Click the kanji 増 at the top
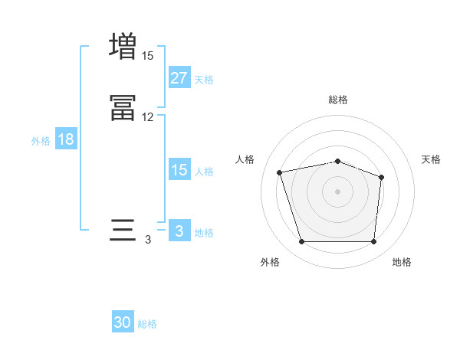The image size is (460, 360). pyautogui.click(x=123, y=45)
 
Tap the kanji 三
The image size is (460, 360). pyautogui.click(x=123, y=231)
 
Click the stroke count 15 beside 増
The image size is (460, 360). pyautogui.click(x=147, y=55)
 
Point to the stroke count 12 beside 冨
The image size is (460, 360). pyautogui.click(x=147, y=117)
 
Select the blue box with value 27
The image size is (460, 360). pyautogui.click(x=179, y=77)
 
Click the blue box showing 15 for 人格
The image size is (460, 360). pyautogui.click(x=179, y=170)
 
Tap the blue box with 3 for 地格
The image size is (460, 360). pyautogui.click(x=179, y=231)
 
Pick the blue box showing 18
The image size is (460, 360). pyautogui.click(x=65, y=139)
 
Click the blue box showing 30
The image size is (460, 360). pyautogui.click(x=123, y=322)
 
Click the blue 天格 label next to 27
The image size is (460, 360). pyautogui.click(x=204, y=79)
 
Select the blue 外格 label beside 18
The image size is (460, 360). pyautogui.click(x=41, y=141)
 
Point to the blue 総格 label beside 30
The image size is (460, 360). pyautogui.click(x=147, y=324)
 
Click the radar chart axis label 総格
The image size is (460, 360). pyautogui.click(x=338, y=100)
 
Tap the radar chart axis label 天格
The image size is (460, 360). pyautogui.click(x=432, y=159)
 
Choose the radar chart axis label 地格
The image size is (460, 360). pyautogui.click(x=402, y=262)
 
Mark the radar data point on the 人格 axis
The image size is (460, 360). pyautogui.click(x=280, y=172)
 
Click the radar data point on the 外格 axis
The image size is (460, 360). pyautogui.click(x=302, y=242)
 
